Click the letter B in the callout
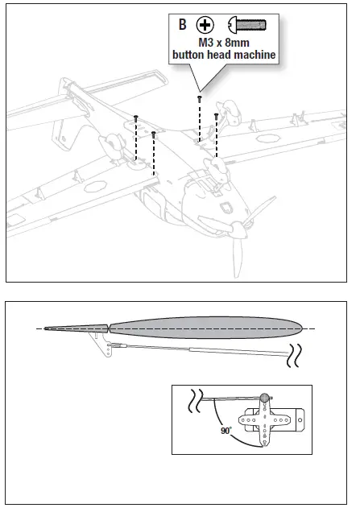click(x=183, y=24)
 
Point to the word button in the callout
click(x=189, y=55)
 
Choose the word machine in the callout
click(x=251, y=55)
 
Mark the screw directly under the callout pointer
click(x=199, y=99)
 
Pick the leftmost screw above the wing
click(x=136, y=119)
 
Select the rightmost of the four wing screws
click(x=216, y=116)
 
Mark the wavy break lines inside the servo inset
click(x=196, y=398)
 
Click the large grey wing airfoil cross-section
click(x=205, y=328)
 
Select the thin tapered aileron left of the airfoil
click(x=77, y=328)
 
